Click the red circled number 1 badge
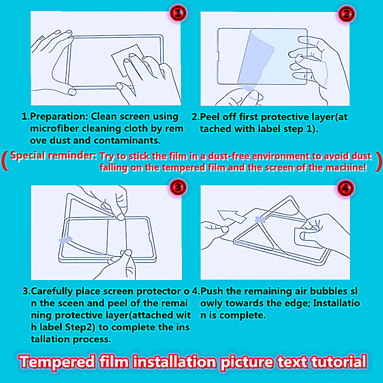pyautogui.click(x=178, y=13)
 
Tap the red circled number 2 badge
pyautogui.click(x=346, y=14)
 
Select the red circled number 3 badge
pyautogui.click(x=178, y=187)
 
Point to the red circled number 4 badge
pyautogui.click(x=346, y=188)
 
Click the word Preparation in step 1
pyautogui.click(x=59, y=117)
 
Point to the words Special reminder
pyautogui.click(x=53, y=155)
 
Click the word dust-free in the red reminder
pyautogui.click(x=229, y=156)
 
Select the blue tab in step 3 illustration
pyautogui.click(x=66, y=239)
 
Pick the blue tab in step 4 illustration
pyautogui.click(x=260, y=219)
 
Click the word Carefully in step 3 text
pyautogui.click(x=52, y=292)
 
